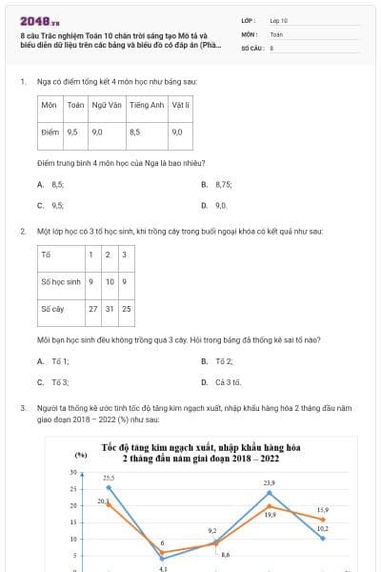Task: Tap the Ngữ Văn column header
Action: click(104, 103)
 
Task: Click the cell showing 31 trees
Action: click(110, 309)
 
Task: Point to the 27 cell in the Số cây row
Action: click(92, 309)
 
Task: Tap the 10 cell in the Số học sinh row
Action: click(110, 281)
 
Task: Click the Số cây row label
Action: click(52, 309)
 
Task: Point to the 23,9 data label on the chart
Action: click(270, 483)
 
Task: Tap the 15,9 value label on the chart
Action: click(323, 510)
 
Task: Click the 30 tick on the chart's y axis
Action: click(72, 473)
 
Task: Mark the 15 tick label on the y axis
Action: click(72, 522)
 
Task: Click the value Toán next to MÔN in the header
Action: click(276, 33)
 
